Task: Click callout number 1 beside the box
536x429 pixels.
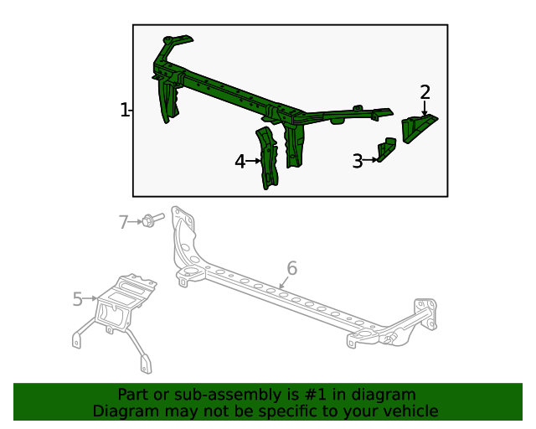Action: click(124, 110)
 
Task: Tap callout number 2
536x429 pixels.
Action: click(425, 92)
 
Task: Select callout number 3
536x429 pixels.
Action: click(358, 161)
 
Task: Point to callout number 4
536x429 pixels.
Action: click(240, 162)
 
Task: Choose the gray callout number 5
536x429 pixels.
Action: click(77, 299)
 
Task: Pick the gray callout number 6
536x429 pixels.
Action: click(291, 268)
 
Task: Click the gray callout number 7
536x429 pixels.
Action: click(123, 222)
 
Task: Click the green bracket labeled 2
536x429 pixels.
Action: click(418, 128)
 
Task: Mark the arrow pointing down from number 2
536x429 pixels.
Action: click(425, 108)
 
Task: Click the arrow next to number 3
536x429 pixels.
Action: click(372, 159)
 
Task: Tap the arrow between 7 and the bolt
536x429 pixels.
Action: click(136, 221)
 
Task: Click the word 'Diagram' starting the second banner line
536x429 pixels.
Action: click(125, 411)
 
